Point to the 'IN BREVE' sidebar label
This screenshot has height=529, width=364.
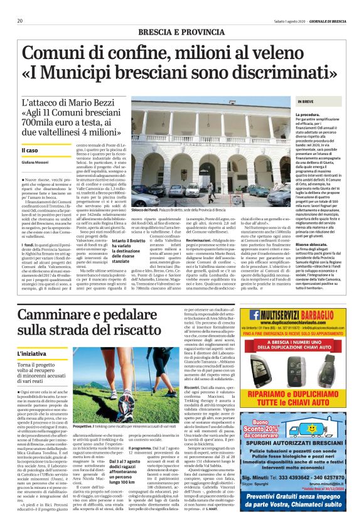tap(306, 101)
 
